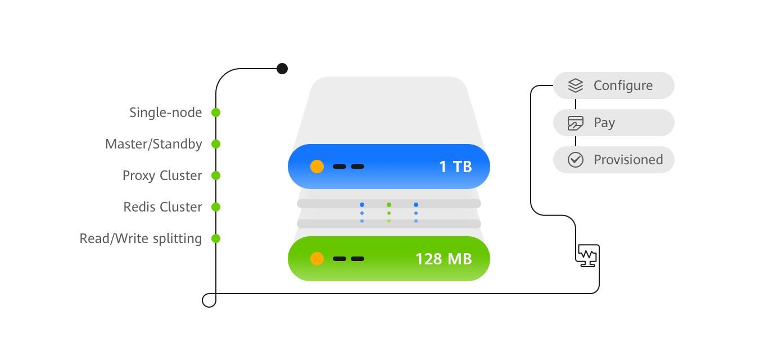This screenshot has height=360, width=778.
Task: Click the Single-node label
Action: click(165, 112)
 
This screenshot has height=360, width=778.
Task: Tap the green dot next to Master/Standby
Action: click(215, 144)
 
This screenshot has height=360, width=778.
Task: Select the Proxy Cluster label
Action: click(162, 175)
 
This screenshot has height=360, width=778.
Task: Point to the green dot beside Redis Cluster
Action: click(215, 207)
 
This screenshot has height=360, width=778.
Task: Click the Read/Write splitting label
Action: click(141, 238)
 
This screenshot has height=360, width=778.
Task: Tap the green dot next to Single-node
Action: click(215, 112)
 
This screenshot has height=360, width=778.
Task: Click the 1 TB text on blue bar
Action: click(455, 166)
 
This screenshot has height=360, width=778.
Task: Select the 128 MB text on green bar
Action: click(444, 259)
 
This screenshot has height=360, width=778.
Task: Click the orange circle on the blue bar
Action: click(317, 166)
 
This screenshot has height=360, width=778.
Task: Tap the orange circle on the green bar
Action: click(317, 259)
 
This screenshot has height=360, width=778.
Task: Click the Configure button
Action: click(614, 85)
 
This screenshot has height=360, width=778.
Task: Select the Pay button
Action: click(614, 123)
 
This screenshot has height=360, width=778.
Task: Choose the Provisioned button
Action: click(614, 160)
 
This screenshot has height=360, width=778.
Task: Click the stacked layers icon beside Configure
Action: click(576, 85)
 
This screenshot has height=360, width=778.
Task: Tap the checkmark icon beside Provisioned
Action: click(576, 160)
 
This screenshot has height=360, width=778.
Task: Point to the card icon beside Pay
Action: click(576, 123)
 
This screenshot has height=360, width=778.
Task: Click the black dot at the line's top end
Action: click(282, 69)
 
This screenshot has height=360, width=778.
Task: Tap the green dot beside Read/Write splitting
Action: click(215, 238)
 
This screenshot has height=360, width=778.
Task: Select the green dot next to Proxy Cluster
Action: click(215, 175)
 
